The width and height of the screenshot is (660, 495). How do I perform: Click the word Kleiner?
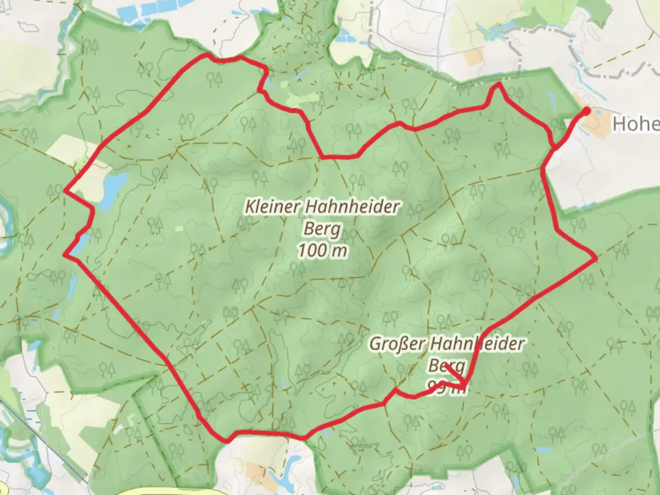click(x=273, y=206)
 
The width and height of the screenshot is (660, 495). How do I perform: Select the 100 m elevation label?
click(x=322, y=250)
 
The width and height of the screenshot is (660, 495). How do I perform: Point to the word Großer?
click(x=397, y=343)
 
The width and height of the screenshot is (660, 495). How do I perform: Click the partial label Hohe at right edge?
click(x=636, y=124)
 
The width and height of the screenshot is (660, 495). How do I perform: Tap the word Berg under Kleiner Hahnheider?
click(x=322, y=229)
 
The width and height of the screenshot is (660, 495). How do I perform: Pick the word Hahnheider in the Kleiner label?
click(x=352, y=206)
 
